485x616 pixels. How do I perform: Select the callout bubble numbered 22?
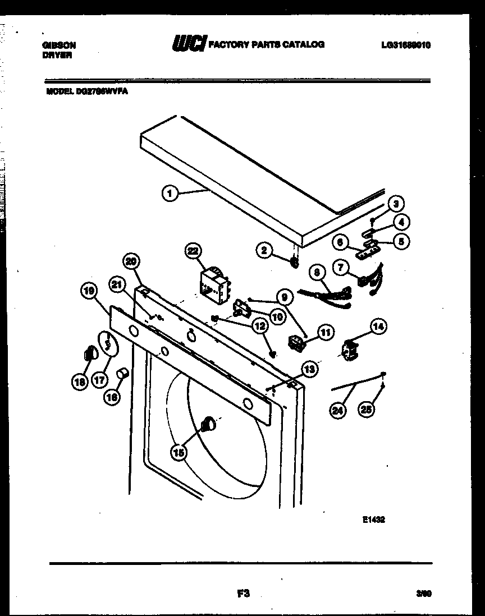click(x=194, y=252)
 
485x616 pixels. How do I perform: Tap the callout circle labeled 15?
click(x=179, y=452)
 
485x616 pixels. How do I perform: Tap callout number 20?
click(x=131, y=261)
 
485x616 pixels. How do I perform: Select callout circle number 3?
click(x=396, y=204)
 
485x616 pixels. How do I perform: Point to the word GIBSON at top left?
click(x=59, y=45)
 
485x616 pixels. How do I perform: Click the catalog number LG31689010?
click(x=405, y=45)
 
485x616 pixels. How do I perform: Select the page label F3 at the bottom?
click(x=242, y=594)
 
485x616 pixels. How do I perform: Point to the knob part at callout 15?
click(x=208, y=424)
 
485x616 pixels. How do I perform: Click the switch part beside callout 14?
click(x=350, y=349)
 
